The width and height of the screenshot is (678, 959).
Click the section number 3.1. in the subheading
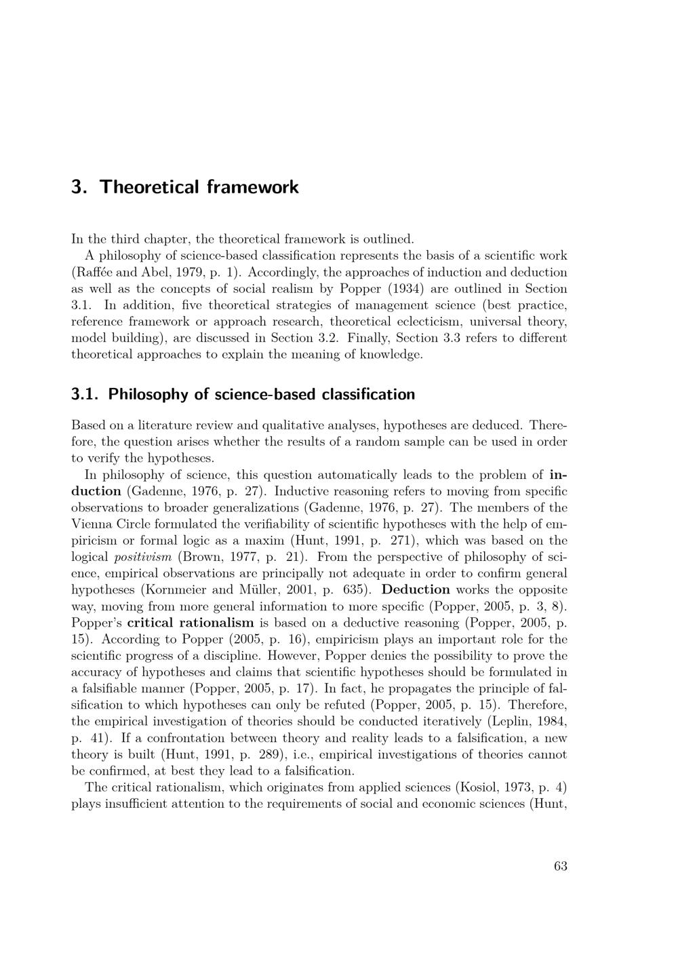[x=85, y=394]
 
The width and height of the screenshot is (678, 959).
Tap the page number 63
[x=560, y=865]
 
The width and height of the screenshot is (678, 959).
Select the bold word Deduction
[x=416, y=590]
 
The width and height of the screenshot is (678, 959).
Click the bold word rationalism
[x=216, y=623]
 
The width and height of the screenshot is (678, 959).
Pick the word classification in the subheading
[x=367, y=394]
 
